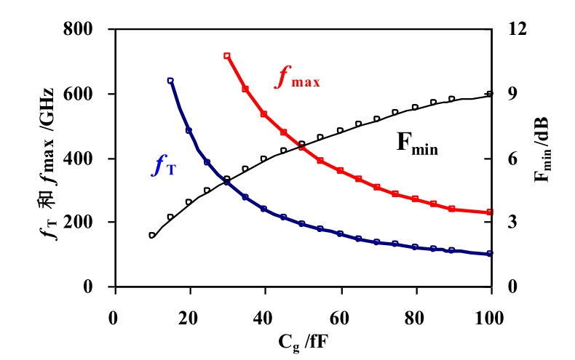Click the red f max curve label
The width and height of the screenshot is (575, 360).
click(x=297, y=78)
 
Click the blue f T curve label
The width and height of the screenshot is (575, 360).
click(x=164, y=167)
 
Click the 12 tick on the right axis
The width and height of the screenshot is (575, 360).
click(x=511, y=30)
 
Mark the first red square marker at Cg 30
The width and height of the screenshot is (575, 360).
click(x=227, y=56)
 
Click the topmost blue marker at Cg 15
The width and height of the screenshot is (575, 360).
click(x=170, y=81)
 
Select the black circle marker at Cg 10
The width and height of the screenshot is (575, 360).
click(x=151, y=236)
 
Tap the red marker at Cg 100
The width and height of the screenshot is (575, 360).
click(x=490, y=212)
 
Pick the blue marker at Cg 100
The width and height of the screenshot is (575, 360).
click(x=490, y=254)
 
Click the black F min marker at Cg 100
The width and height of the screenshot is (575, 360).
click(x=490, y=94)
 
